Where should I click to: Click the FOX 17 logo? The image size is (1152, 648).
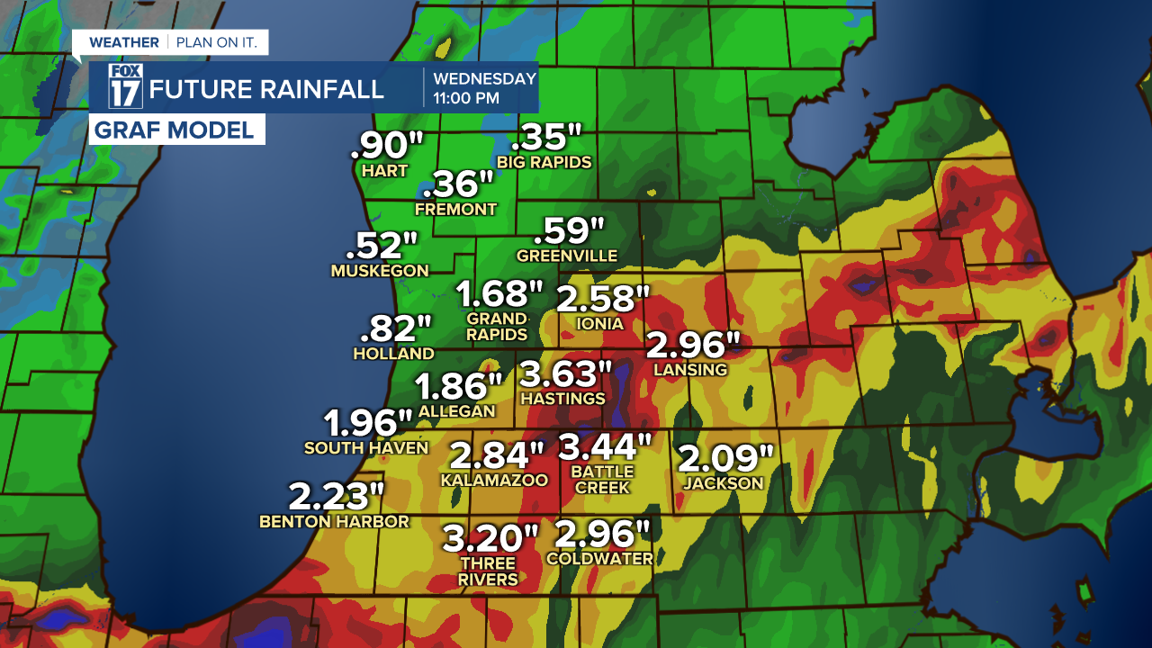tap(126, 87)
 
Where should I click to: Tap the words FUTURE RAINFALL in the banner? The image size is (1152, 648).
tap(266, 89)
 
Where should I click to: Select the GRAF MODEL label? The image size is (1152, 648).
tap(175, 130)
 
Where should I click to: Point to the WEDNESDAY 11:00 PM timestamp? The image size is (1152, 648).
tap(484, 88)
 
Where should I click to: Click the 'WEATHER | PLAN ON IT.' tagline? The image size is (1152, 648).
tap(171, 42)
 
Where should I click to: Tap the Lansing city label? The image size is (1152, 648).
tap(690, 370)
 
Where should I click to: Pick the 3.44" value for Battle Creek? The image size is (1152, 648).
tap(605, 446)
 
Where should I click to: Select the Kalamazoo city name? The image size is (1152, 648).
tap(494, 481)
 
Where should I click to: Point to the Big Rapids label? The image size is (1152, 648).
tap(544, 163)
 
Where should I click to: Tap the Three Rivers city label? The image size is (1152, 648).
tap(488, 571)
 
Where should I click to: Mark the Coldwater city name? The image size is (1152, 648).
tap(599, 558)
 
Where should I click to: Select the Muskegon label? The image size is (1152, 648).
tap(380, 271)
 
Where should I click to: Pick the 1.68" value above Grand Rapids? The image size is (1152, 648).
tap(500, 294)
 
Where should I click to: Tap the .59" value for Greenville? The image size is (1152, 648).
tap(569, 231)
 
